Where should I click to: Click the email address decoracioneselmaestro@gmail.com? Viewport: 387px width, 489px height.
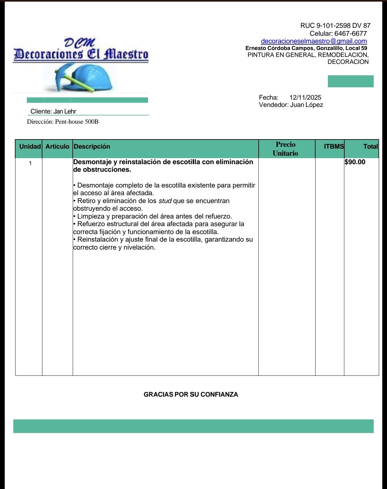coord(314,41)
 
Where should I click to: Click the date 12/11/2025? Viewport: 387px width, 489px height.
coord(305,97)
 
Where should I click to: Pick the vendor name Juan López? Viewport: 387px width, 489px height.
coord(306,105)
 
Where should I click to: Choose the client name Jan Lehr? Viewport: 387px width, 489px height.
coord(64,111)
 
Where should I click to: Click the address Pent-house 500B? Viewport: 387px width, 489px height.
coord(77,122)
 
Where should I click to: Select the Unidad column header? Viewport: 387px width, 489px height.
coord(30,146)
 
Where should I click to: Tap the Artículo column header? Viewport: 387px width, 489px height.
coord(57,146)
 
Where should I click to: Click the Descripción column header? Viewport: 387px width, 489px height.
coord(92,146)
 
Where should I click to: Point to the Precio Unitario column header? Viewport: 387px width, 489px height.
coord(285,149)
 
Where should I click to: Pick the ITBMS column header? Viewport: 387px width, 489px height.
coord(334,146)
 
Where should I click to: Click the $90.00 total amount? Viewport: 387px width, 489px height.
coord(355,162)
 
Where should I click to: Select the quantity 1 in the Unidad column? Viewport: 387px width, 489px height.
coord(30,164)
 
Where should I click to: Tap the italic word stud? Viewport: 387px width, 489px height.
coord(165,201)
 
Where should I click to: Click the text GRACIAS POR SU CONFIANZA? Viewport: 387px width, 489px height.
coord(191,394)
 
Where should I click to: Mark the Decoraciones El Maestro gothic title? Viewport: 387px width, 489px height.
coord(81,54)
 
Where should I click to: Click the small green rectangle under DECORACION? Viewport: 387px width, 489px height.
coord(350,81)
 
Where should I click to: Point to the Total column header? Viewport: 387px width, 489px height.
coord(370,146)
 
